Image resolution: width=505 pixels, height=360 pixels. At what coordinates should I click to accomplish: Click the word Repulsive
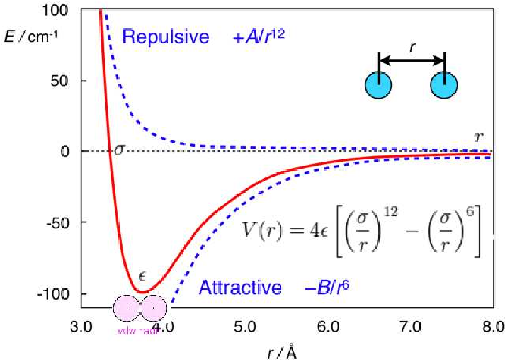pyautogui.click(x=166, y=37)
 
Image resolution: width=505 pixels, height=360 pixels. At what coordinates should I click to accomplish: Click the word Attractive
pyautogui.click(x=241, y=288)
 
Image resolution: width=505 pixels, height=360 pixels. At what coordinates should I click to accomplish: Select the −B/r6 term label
pyautogui.click(x=327, y=288)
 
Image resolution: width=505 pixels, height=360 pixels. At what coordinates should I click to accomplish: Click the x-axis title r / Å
pyautogui.click(x=281, y=350)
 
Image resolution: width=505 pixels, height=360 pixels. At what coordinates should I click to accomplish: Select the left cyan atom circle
pyautogui.click(x=379, y=85)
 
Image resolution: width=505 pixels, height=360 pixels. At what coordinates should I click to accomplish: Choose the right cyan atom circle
pyautogui.click(x=445, y=85)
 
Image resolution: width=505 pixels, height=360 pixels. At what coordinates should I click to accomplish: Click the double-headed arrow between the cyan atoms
pyautogui.click(x=412, y=60)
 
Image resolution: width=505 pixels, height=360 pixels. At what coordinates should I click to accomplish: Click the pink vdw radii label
pyautogui.click(x=139, y=331)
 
